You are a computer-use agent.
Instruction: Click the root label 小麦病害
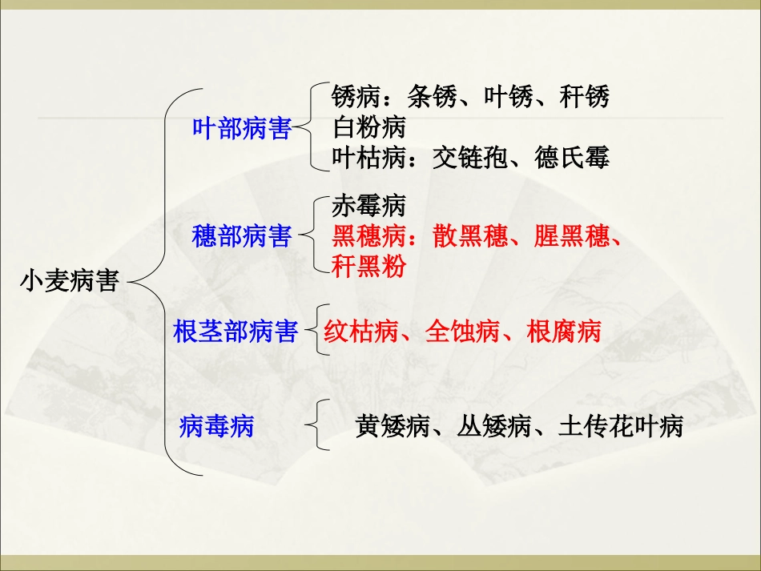coord(70,282)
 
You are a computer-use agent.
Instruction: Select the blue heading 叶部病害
coord(241,127)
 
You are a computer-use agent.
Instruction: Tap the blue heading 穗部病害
coord(241,236)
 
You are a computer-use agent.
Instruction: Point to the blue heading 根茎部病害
coord(236,332)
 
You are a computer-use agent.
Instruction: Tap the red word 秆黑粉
coord(368,267)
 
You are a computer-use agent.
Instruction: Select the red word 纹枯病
coord(361,332)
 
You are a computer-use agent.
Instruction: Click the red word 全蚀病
coord(462,332)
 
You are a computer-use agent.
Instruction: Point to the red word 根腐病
coord(564,332)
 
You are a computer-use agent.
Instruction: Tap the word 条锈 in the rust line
coord(433,97)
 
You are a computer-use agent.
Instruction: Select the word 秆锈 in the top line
coord(585,97)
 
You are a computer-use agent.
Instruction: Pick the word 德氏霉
coord(572,158)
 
